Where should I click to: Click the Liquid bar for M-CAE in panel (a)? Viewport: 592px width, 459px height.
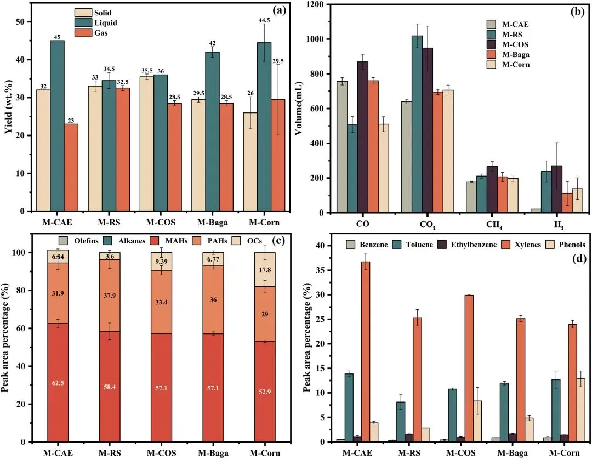coord(57,126)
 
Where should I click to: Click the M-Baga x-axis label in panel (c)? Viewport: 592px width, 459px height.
coord(213,454)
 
